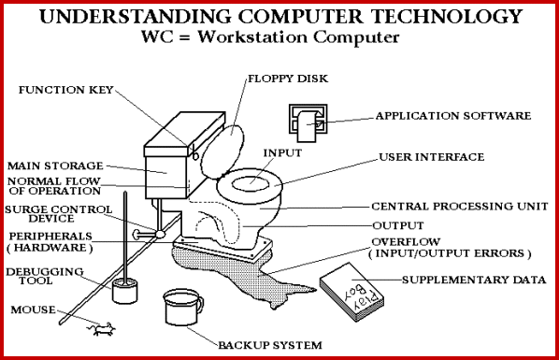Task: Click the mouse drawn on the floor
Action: pyautogui.click(x=103, y=329)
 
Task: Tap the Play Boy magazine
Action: pyautogui.click(x=351, y=292)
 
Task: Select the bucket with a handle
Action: pyautogui.click(x=183, y=307)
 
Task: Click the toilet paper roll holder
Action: pyautogui.click(x=308, y=123)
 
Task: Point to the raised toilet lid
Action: pyautogui.click(x=222, y=151)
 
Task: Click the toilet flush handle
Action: pyautogui.click(x=193, y=152)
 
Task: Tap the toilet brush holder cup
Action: pyautogui.click(x=124, y=291)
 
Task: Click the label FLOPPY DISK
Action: pyautogui.click(x=288, y=79)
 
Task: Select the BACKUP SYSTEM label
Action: pyautogui.click(x=270, y=345)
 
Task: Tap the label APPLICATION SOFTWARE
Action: pyautogui.click(x=453, y=116)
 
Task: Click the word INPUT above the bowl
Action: pyautogui.click(x=282, y=153)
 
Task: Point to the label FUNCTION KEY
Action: pyautogui.click(x=66, y=90)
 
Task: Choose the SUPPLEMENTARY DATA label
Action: pyautogui.click(x=474, y=280)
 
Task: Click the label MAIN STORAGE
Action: pyautogui.click(x=55, y=166)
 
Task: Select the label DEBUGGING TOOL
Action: pyautogui.click(x=45, y=276)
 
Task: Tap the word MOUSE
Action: pyautogui.click(x=33, y=310)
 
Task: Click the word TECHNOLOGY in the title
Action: pyautogui.click(x=447, y=16)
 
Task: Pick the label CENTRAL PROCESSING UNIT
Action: pyautogui.click(x=460, y=207)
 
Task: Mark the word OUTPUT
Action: pyautogui.click(x=398, y=225)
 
